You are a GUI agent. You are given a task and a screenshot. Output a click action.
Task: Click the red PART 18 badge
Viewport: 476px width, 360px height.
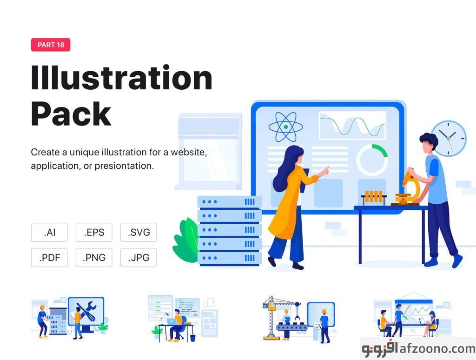tap(51, 45)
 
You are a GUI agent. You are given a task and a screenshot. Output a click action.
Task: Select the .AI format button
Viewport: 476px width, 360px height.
tap(49, 233)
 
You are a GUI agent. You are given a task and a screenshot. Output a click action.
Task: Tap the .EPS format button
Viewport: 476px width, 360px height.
tap(94, 233)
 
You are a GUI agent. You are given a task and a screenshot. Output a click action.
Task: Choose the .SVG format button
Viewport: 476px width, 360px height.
tap(139, 233)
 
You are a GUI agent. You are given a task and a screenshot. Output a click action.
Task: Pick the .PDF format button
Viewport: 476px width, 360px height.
tap(49, 258)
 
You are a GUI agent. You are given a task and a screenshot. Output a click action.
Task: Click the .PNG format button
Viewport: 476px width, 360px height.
tap(94, 258)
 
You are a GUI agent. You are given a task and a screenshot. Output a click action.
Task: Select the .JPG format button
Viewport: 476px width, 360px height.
tap(139, 258)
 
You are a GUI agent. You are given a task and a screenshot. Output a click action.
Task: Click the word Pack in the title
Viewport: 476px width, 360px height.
tap(71, 114)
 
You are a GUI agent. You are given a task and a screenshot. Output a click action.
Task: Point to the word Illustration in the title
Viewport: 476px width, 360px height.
tap(121, 77)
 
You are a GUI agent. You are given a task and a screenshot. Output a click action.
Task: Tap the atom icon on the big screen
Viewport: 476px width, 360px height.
tap(286, 127)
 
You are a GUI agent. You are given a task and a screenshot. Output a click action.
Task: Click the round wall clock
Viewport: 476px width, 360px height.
tap(449, 138)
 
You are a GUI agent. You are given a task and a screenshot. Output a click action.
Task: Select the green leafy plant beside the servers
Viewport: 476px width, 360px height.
tap(186, 240)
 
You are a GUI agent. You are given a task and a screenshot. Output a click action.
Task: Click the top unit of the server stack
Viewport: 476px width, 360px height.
tap(230, 202)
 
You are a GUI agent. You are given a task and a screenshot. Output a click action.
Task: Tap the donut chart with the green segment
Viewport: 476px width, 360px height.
tap(372, 160)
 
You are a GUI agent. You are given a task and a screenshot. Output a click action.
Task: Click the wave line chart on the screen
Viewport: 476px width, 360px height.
tap(352, 126)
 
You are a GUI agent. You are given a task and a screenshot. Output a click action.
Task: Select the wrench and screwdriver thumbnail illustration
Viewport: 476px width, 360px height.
tap(70, 318)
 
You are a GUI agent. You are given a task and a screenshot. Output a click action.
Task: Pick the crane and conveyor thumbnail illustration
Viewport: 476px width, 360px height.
tap(299, 319)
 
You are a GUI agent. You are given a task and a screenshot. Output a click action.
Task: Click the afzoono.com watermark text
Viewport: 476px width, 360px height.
tap(437, 349)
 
